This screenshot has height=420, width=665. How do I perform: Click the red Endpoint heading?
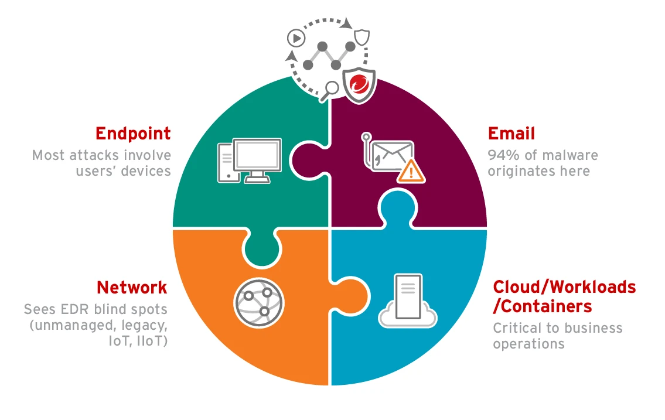coord(133,134)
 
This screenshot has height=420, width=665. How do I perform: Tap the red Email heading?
coord(511,134)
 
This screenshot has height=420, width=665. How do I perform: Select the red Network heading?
coord(132,288)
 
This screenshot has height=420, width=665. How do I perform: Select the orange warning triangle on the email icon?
coord(411,170)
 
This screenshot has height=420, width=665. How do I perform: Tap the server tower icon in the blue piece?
coord(408,293)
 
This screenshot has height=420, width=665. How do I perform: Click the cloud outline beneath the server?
coord(408,317)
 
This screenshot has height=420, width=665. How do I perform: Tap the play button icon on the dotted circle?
coord(296,39)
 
